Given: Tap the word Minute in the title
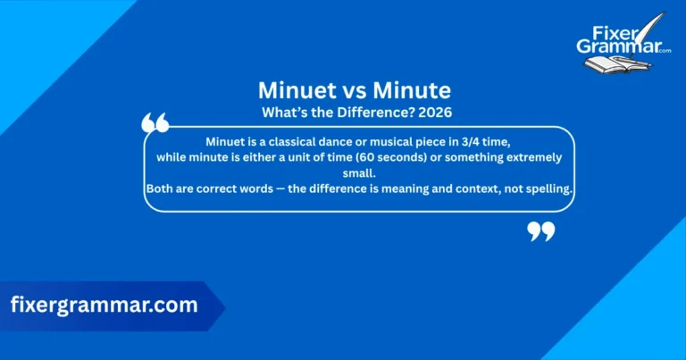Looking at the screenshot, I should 415,90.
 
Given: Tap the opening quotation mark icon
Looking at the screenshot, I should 155,122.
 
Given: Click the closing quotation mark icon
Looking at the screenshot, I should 541,231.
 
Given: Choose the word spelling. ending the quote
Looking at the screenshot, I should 546,188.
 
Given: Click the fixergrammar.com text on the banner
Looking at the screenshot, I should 104,305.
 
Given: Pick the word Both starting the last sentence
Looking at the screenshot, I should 160,188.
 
